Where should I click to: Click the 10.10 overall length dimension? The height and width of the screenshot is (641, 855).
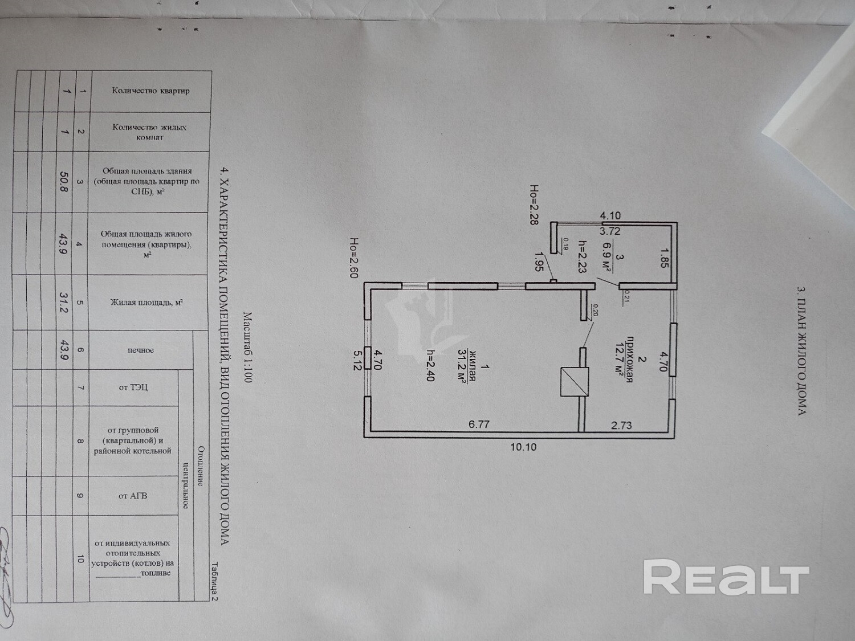pyautogui.click(x=523, y=447)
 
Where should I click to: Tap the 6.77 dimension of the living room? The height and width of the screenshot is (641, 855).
pyautogui.click(x=479, y=424)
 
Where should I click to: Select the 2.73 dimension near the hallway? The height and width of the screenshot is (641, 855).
pyautogui.click(x=621, y=425)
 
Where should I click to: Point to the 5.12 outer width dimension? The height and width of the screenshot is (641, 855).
pyautogui.click(x=358, y=360)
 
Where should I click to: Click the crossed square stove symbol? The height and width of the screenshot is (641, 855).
pyautogui.click(x=574, y=382)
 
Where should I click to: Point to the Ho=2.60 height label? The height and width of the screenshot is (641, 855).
pyautogui.click(x=354, y=258)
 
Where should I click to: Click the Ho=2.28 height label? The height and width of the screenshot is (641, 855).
pyautogui.click(x=534, y=205)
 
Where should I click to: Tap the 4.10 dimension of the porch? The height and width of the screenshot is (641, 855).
pyautogui.click(x=610, y=216)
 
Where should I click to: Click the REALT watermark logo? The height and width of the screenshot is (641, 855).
pyautogui.click(x=726, y=578)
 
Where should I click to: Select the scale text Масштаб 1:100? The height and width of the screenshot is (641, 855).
pyautogui.click(x=247, y=347)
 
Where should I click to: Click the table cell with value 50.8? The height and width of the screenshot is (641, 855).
pyautogui.click(x=64, y=182)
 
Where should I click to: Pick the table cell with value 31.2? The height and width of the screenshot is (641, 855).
pyautogui.click(x=64, y=302)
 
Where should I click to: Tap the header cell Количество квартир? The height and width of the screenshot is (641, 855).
pyautogui.click(x=150, y=91)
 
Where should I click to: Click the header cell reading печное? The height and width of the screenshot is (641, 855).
pyautogui.click(x=140, y=350)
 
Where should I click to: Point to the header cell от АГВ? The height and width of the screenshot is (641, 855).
pyautogui.click(x=133, y=496)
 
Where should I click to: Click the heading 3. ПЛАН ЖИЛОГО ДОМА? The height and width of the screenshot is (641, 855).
pyautogui.click(x=801, y=350)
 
